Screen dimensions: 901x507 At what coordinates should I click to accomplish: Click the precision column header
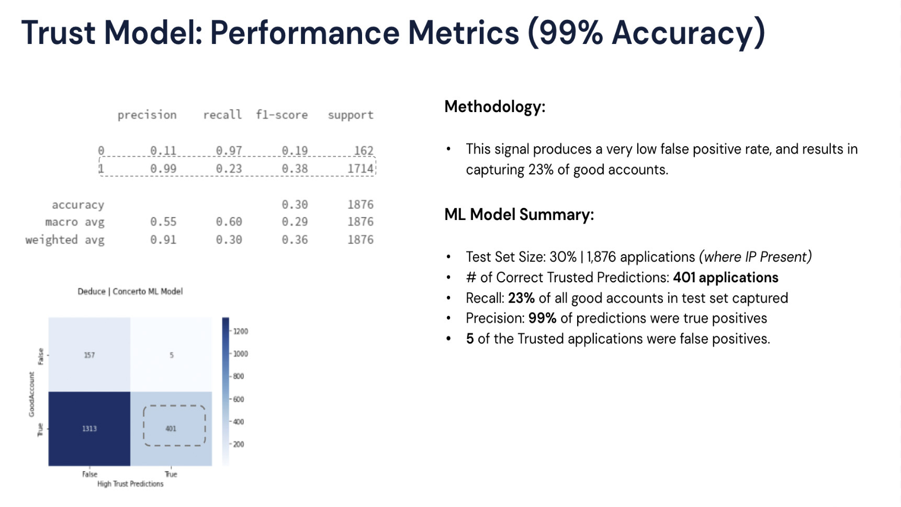pyautogui.click(x=147, y=115)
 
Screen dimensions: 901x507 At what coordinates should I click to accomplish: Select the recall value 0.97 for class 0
pyautogui.click(x=229, y=151)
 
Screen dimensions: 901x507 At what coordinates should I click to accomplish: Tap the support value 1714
pyautogui.click(x=361, y=169)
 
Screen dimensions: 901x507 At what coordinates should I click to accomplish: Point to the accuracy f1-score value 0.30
pyautogui.click(x=295, y=204)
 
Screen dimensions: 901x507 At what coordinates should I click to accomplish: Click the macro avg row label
pyautogui.click(x=75, y=222)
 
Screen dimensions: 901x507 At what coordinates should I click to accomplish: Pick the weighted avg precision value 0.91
pyautogui.click(x=163, y=239)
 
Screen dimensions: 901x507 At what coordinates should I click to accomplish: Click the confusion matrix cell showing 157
pyautogui.click(x=89, y=355)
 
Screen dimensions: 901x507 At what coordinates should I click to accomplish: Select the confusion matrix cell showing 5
pyautogui.click(x=171, y=355)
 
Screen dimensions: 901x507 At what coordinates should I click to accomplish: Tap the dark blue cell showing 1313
pyautogui.click(x=89, y=428)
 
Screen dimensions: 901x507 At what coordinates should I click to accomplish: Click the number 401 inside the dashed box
pyautogui.click(x=171, y=428)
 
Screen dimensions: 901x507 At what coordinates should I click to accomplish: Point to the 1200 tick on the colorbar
pyautogui.click(x=240, y=331)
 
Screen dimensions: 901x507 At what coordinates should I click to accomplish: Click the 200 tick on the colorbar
pyautogui.click(x=238, y=444)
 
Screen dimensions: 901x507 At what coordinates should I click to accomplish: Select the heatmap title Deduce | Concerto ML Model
pyautogui.click(x=130, y=291)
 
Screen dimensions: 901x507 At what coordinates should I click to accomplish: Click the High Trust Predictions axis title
pyautogui.click(x=130, y=484)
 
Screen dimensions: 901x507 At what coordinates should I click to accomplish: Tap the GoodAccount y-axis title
pyautogui.click(x=31, y=394)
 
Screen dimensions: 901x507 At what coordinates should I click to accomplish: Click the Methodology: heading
pyautogui.click(x=495, y=107)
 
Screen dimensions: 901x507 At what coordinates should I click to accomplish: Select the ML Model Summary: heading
pyautogui.click(x=519, y=215)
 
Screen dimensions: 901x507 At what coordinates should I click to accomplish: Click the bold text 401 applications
pyautogui.click(x=726, y=278)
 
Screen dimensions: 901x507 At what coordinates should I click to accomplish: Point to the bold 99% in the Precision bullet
pyautogui.click(x=542, y=318)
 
